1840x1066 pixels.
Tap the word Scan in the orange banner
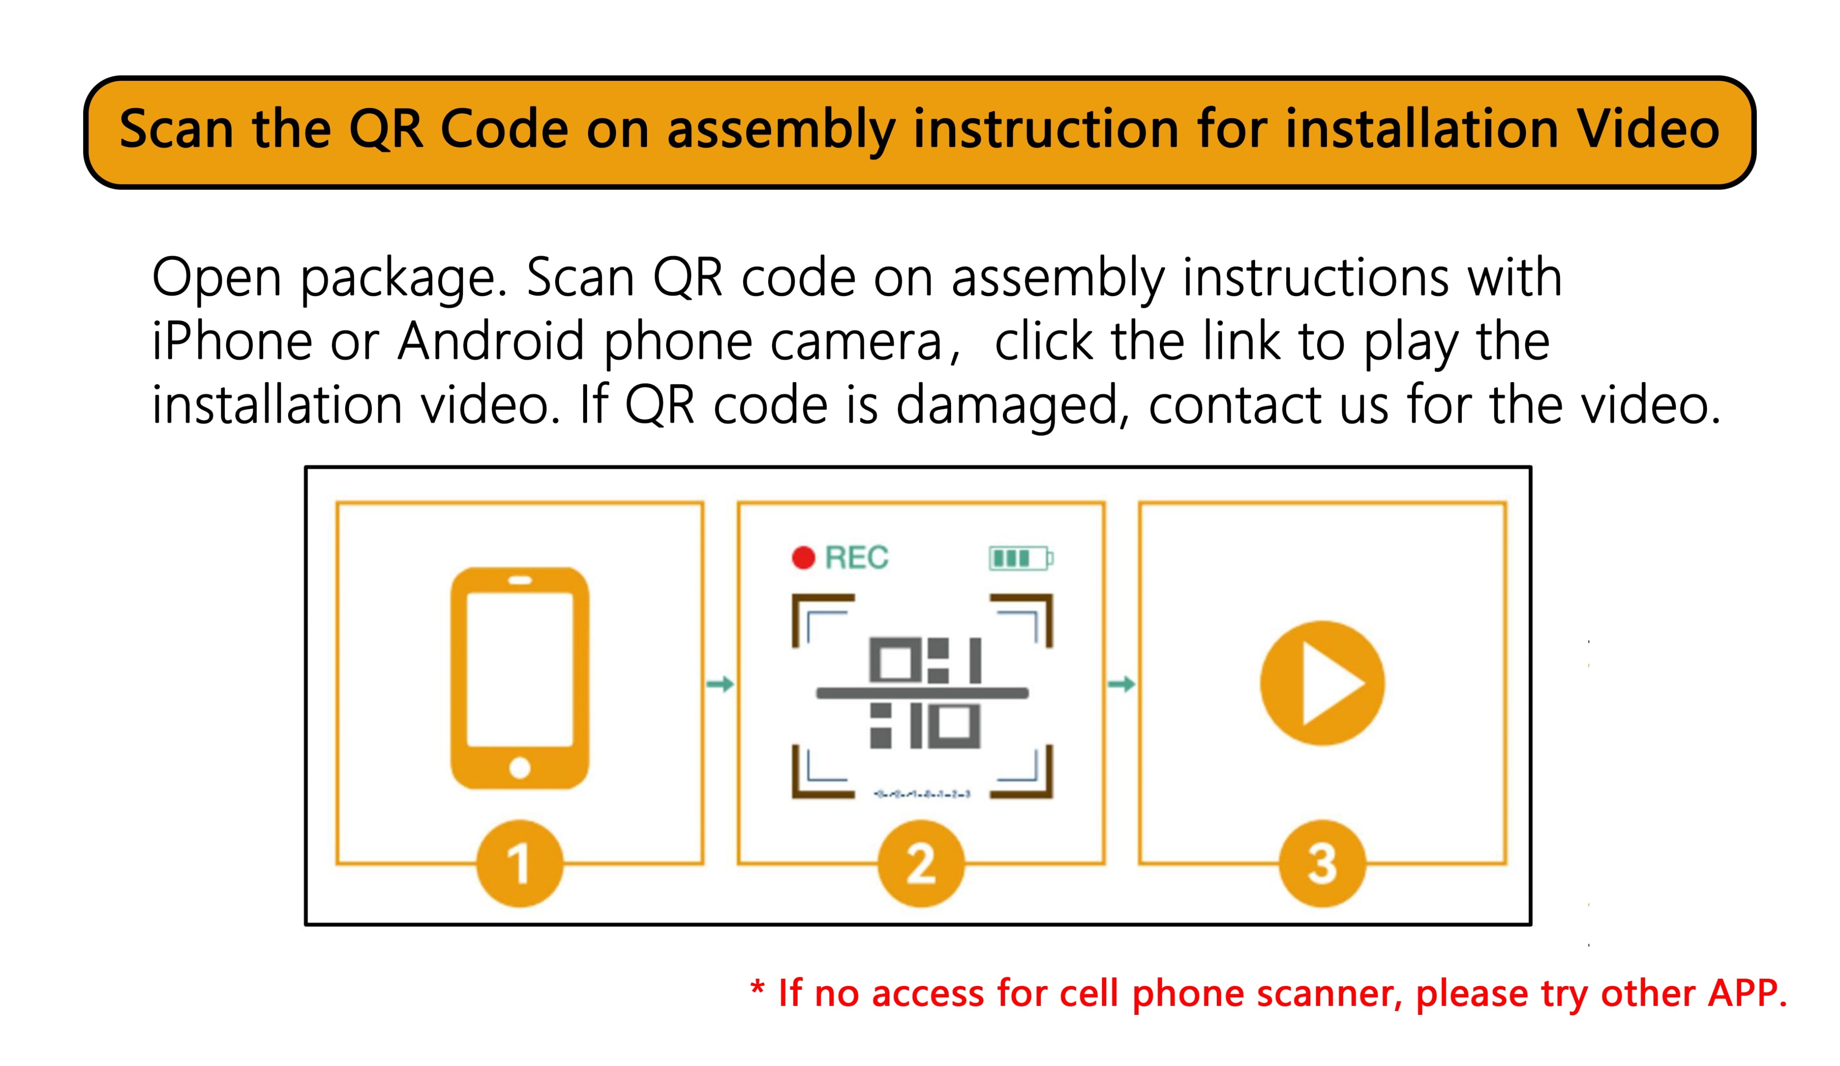click(176, 129)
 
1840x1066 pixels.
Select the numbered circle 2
click(921, 864)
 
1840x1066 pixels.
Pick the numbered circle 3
click(1322, 864)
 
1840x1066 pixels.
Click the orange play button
click(1322, 683)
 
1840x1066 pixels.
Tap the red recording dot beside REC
click(803, 558)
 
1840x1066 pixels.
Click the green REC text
click(857, 558)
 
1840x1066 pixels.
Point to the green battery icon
click(1021, 558)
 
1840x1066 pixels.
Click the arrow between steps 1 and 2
click(720, 684)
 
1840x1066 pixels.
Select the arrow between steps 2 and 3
click(1122, 684)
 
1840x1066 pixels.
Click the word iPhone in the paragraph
click(232, 340)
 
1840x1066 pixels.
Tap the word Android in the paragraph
click(491, 340)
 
